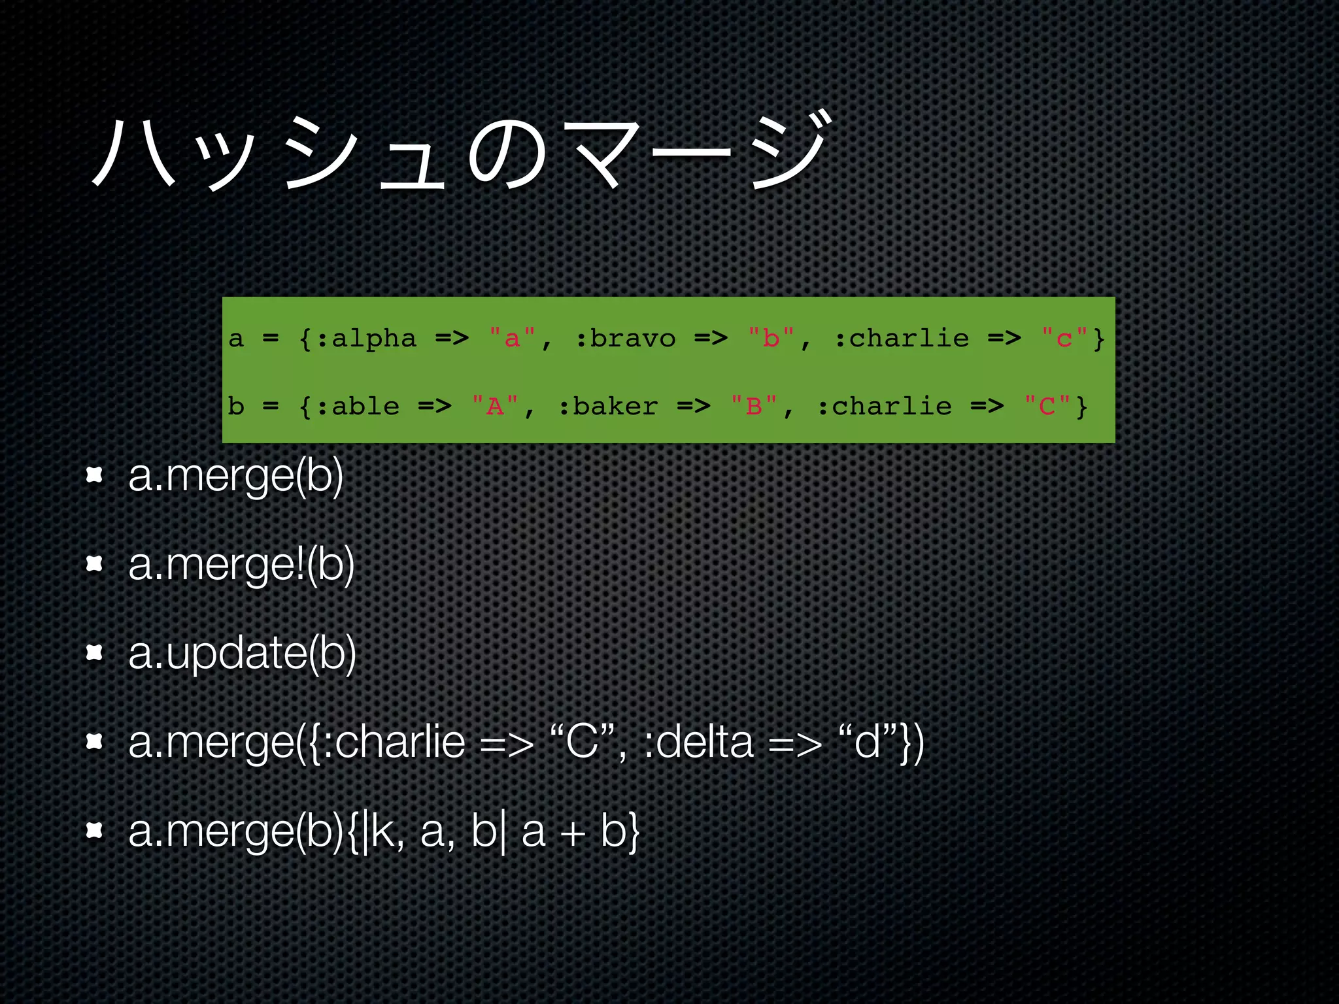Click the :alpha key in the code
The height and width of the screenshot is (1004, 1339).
pos(367,339)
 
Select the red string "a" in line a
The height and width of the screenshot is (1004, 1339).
pos(512,339)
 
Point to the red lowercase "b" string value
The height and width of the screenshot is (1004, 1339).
pos(771,339)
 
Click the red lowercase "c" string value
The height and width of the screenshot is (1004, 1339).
pos(1064,339)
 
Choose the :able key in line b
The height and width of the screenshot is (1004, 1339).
pos(359,407)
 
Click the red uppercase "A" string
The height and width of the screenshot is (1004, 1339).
pos(495,407)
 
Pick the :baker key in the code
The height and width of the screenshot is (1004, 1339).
pos(609,407)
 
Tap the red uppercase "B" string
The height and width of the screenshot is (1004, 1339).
pos(754,407)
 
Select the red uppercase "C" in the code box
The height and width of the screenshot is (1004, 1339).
pos(1047,407)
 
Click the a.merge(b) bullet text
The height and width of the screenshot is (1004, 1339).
pos(235,476)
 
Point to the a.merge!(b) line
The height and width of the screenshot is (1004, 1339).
pos(241,564)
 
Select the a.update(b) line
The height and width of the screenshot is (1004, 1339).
pos(242,653)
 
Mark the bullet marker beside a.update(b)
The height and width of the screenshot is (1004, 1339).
pos(95,652)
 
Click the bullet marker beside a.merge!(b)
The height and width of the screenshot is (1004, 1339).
pos(95,563)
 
